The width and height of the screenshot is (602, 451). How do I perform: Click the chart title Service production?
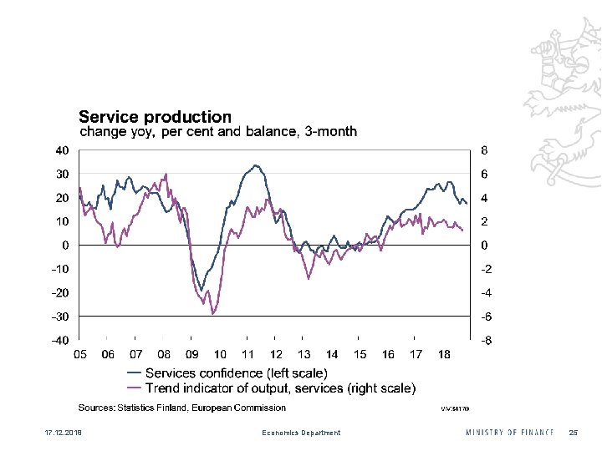click(x=155, y=117)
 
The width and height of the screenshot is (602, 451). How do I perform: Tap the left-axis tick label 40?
click(x=62, y=151)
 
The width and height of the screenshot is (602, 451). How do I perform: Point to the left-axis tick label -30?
click(x=60, y=317)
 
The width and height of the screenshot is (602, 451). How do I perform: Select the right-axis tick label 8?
click(x=484, y=151)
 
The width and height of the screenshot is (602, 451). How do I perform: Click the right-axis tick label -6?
click(x=485, y=317)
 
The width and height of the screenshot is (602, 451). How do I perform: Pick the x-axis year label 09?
click(x=191, y=354)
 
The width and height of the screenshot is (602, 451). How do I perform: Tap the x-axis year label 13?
click(x=304, y=354)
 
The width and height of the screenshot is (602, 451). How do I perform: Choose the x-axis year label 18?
click(x=444, y=354)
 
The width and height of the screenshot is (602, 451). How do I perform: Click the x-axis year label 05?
click(x=79, y=354)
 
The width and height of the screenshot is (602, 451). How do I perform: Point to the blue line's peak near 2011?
click(x=255, y=165)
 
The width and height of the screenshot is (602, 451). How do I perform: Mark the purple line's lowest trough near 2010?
click(x=213, y=314)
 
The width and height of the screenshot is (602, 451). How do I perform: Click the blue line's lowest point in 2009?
click(x=202, y=290)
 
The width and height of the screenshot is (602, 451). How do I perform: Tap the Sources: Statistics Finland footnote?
click(x=181, y=408)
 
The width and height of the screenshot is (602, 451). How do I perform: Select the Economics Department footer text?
click(x=301, y=433)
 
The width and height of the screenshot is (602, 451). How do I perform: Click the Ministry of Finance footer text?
click(x=509, y=432)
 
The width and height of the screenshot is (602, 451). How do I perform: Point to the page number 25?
click(x=573, y=432)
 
